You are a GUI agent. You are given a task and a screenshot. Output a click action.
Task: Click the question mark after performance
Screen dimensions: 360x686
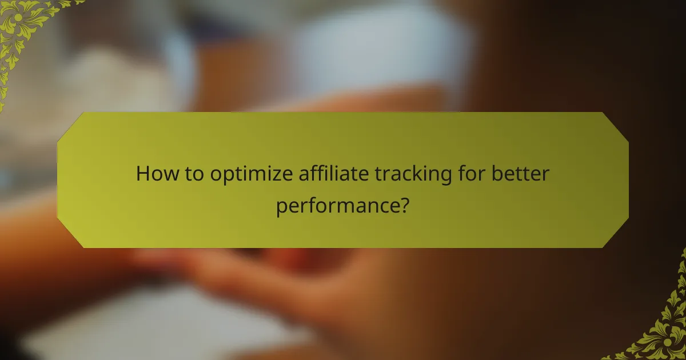[x=404, y=203]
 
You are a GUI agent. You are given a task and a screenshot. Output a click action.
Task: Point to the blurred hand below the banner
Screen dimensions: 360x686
[x=240, y=274]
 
